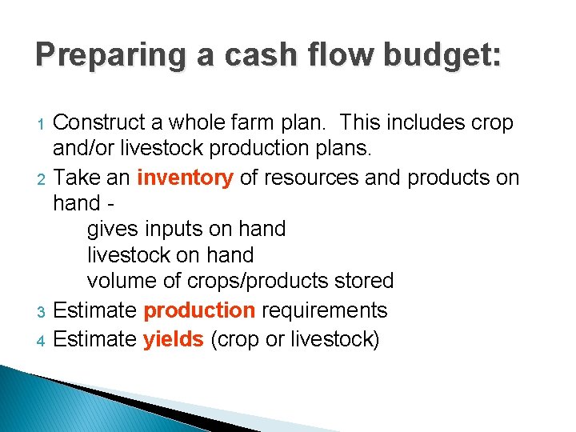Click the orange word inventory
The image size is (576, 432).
click(185, 177)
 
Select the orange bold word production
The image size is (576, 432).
click(198, 310)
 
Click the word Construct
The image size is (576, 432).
click(99, 123)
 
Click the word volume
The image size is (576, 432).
click(121, 282)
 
